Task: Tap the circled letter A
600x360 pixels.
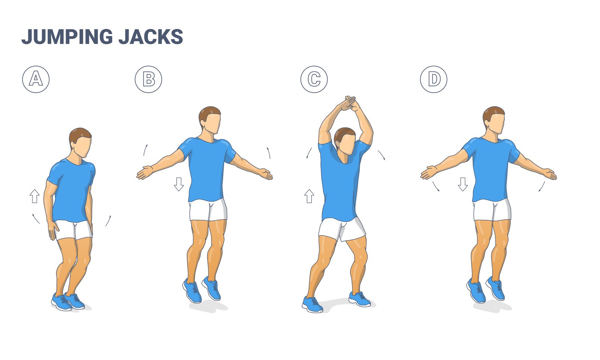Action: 36,79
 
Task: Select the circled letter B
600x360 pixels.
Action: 148,79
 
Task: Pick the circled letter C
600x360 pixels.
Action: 314,79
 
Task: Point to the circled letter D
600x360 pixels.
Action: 433,79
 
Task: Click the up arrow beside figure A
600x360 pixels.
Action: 34,196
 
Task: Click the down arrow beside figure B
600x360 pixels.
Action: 179,184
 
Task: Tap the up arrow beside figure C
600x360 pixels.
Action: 309,196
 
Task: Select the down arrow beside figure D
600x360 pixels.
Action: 463,184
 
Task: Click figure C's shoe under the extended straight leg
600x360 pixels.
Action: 312,304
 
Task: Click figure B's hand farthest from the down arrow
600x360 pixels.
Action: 265,174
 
